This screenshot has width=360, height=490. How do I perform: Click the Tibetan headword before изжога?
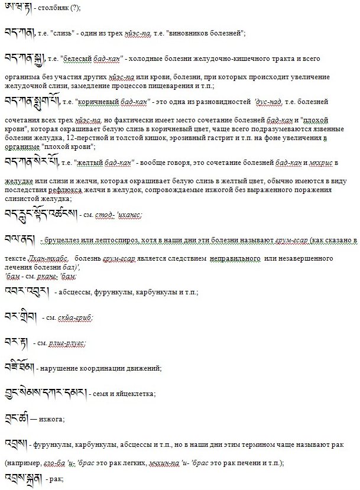coord(16,417)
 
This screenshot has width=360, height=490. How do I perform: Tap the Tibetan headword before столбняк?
coord(15,7)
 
